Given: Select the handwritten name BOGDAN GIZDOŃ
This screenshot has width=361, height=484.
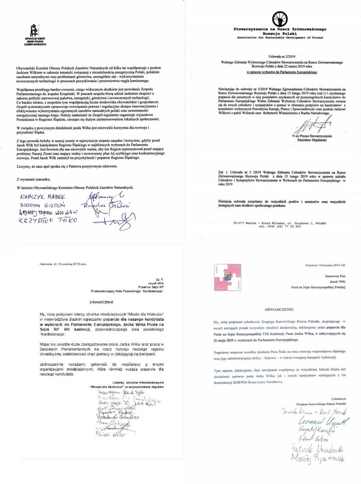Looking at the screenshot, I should pyautogui.click(x=36, y=205).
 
